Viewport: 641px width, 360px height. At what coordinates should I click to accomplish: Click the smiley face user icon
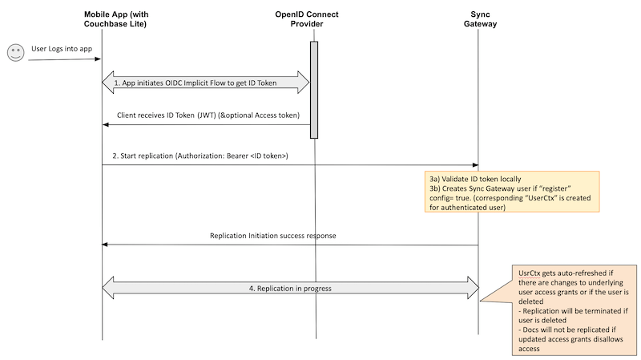(x=14, y=54)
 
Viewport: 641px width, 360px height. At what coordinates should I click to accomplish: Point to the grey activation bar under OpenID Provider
(x=314, y=90)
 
